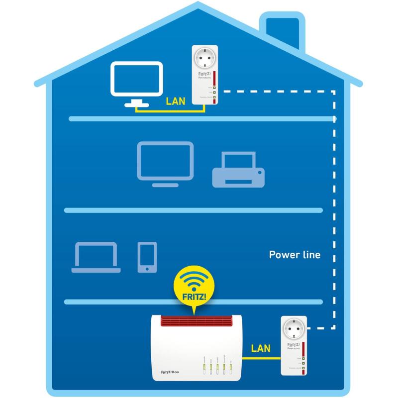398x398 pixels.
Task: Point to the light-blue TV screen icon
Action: [165, 160]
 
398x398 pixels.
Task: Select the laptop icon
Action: [96, 257]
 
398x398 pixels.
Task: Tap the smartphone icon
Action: [147, 257]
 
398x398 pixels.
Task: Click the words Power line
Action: [295, 255]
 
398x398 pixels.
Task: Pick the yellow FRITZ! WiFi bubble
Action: [195, 289]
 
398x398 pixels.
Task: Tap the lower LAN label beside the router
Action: [261, 348]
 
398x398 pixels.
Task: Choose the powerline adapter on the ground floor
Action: [293, 346]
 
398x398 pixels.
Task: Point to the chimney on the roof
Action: [282, 30]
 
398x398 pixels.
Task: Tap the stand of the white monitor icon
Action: [136, 103]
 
